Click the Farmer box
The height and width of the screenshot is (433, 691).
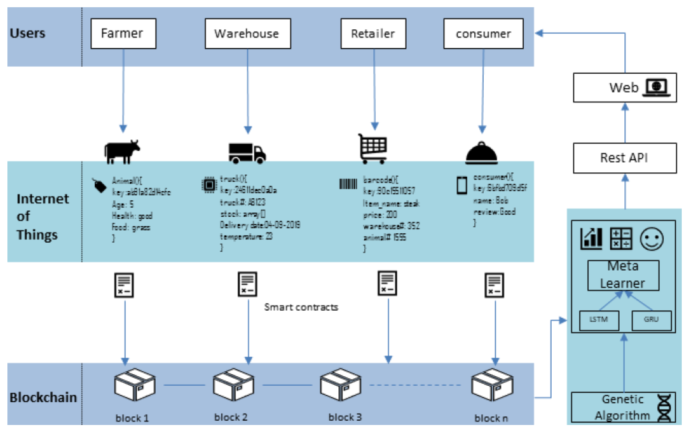(x=123, y=34)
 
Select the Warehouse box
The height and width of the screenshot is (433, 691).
(x=248, y=34)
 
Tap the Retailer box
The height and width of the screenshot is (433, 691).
(x=373, y=34)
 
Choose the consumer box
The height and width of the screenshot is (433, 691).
(x=483, y=34)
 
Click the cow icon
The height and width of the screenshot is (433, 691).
(x=122, y=152)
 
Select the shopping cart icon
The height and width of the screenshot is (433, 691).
(x=373, y=149)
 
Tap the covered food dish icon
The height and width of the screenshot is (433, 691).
(x=481, y=153)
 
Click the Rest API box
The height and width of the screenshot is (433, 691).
(x=624, y=158)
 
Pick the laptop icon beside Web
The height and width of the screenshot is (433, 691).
(x=656, y=87)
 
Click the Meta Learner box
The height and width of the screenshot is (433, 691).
(x=623, y=275)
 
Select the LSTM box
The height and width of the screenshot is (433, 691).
(x=599, y=320)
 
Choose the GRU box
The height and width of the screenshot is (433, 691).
(x=651, y=320)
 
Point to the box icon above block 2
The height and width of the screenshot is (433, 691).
(x=233, y=385)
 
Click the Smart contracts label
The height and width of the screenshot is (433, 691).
(x=301, y=307)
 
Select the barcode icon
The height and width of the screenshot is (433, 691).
(x=348, y=184)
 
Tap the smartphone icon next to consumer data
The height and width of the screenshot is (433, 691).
(x=462, y=186)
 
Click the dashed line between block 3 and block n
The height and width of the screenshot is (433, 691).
(x=415, y=385)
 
